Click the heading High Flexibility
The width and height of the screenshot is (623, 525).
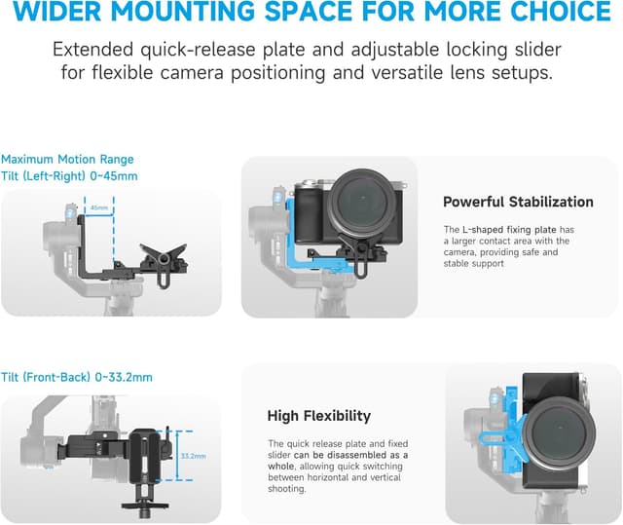(x=318, y=416)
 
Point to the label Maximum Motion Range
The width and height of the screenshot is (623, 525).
(x=67, y=159)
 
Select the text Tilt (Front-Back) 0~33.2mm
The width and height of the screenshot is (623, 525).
(x=77, y=377)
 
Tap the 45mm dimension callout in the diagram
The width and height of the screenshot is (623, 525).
(x=98, y=207)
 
